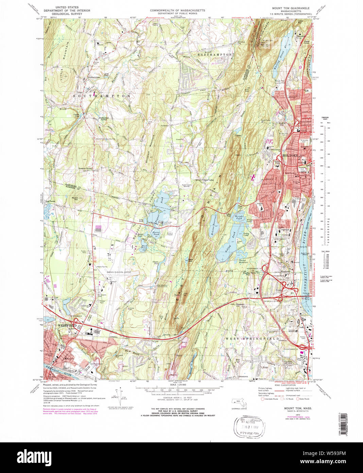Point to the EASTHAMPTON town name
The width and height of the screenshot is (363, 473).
(215, 54)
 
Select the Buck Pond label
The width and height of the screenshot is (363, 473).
(144, 247)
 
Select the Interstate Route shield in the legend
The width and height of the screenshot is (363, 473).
(262, 399)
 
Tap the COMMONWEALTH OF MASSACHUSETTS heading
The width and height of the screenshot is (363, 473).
(177, 11)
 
